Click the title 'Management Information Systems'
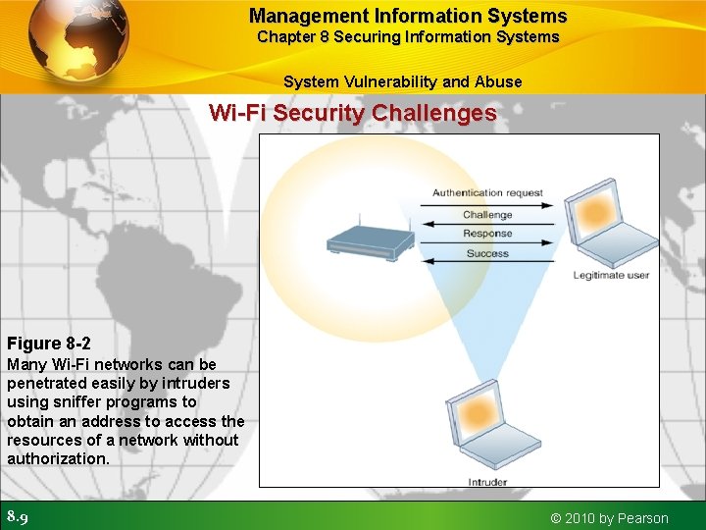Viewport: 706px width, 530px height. coord(408,16)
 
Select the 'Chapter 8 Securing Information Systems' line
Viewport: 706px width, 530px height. coord(408,37)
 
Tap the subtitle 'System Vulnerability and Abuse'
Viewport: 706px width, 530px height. coord(402,81)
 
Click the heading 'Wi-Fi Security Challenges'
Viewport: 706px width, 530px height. coord(353,113)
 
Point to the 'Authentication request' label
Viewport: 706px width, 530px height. coord(487,193)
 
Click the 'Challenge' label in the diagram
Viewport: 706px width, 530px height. coord(487,215)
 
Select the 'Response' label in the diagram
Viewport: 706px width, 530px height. coord(487,234)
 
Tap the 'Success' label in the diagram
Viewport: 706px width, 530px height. coord(487,253)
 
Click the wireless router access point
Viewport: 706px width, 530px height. coord(370,241)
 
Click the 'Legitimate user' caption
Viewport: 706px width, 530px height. coord(611,276)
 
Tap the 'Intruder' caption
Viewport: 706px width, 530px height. coord(488,482)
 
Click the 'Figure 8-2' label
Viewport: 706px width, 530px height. coord(49,344)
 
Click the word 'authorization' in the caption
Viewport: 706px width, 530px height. coord(57,458)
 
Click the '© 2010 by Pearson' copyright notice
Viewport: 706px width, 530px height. coord(609,518)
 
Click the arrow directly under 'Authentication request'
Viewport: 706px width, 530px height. coord(487,204)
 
